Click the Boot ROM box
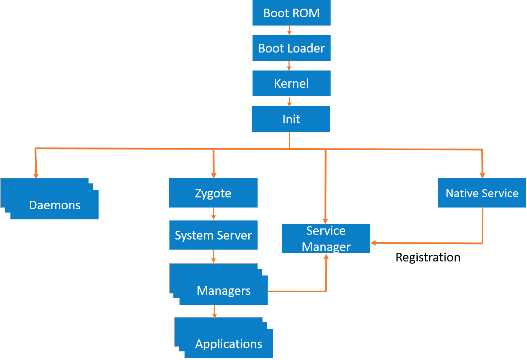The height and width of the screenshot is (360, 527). (x=291, y=13)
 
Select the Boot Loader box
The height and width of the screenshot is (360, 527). (x=291, y=48)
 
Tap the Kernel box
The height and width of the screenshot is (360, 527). (x=291, y=83)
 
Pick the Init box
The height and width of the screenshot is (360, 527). (x=291, y=119)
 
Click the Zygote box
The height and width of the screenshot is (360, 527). (x=213, y=193)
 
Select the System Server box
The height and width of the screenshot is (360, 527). (x=213, y=235)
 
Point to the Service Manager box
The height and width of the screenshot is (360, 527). (x=326, y=239)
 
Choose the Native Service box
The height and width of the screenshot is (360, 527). (x=482, y=193)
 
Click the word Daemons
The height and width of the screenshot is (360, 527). (x=55, y=205)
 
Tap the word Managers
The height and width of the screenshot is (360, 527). (x=223, y=291)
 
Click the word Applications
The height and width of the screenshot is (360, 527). (x=228, y=344)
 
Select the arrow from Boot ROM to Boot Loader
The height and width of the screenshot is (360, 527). (x=289, y=31)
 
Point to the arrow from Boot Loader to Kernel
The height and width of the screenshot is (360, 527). (x=289, y=66)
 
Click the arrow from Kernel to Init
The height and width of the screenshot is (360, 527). (x=289, y=101)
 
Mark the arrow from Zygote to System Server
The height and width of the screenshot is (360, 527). (x=213, y=214)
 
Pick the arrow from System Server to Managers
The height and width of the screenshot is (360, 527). (x=213, y=257)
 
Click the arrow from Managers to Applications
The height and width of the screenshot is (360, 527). (x=215, y=311)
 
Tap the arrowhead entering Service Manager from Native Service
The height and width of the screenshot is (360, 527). (x=373, y=243)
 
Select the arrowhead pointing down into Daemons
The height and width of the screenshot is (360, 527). (x=36, y=176)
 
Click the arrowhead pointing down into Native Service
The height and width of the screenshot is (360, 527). (x=482, y=176)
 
